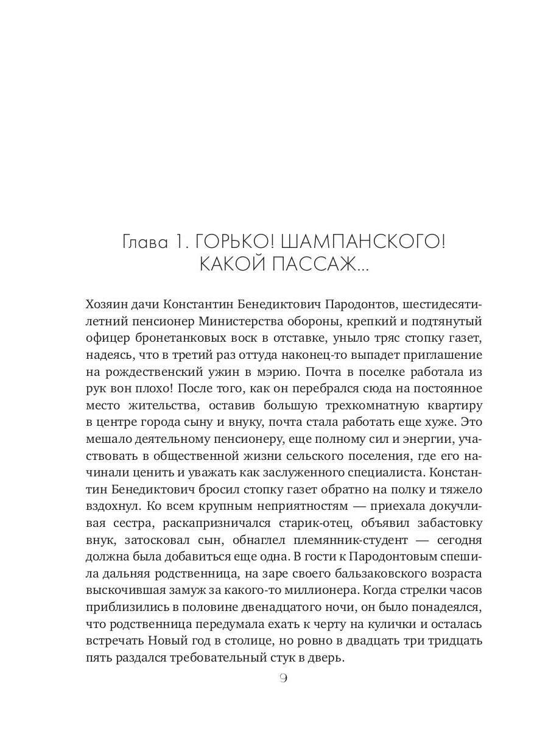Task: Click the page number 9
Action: pyautogui.click(x=283, y=678)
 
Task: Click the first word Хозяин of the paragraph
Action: pyautogui.click(x=107, y=303)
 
